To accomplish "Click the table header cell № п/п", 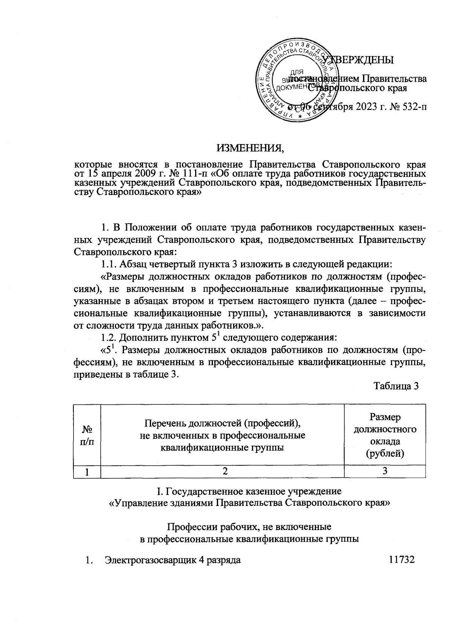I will [x=87, y=436].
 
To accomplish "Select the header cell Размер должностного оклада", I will [x=385, y=435].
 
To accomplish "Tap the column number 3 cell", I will [x=385, y=472].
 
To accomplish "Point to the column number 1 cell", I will [x=87, y=472].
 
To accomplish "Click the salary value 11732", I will [x=402, y=560].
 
